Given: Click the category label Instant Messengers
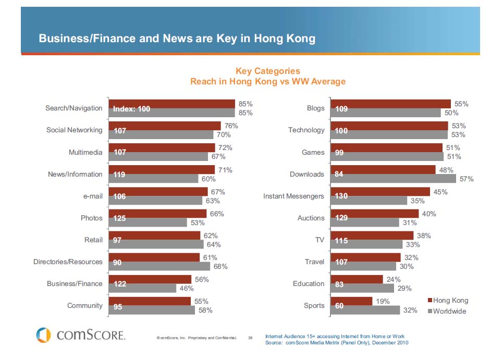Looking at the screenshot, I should coord(294,196).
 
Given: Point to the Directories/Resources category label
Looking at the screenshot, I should coord(68,262).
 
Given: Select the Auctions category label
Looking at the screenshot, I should coord(311,218).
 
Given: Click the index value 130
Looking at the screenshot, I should coord(341,196).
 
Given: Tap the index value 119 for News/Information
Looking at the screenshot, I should coord(119,175).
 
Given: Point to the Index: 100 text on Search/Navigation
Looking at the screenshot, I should coord(131,109).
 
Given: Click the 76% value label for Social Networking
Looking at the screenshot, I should coord(231,126).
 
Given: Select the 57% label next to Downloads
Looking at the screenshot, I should coord(467,179).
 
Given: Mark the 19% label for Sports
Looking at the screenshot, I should coord(383,301).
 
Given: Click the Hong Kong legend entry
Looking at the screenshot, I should coord(448,301).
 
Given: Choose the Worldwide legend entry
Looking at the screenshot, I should coord(447,311).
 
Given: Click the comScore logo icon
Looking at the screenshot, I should coord(44,335).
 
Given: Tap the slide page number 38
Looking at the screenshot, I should coord(250,338).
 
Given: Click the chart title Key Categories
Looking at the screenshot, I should coord(268,71).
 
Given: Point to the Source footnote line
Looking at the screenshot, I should coord(337,343).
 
